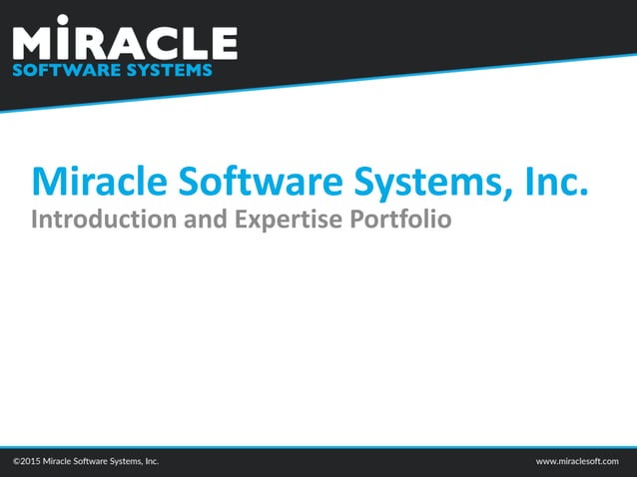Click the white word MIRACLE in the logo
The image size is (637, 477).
pos(125,42)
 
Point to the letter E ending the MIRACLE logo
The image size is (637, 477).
pos(223,43)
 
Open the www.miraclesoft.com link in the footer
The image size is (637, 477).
pos(577,462)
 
